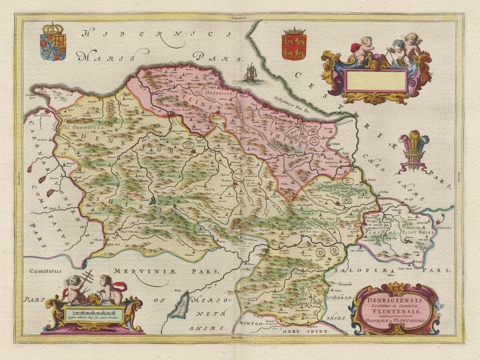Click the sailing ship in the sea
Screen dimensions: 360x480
pyautogui.click(x=251, y=73)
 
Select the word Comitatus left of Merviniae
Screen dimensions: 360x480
pyautogui.click(x=45, y=271)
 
